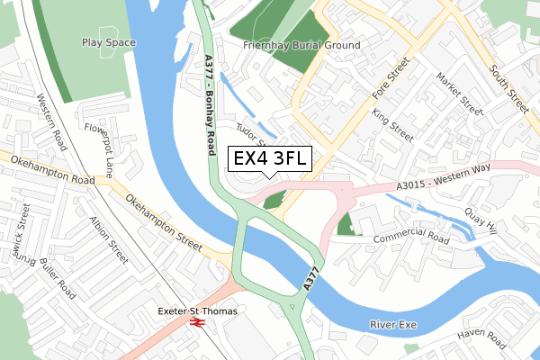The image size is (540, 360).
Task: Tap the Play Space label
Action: pos(108,42)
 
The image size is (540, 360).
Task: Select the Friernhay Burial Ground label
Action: pos(301,45)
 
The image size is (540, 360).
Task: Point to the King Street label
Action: pos(392,126)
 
